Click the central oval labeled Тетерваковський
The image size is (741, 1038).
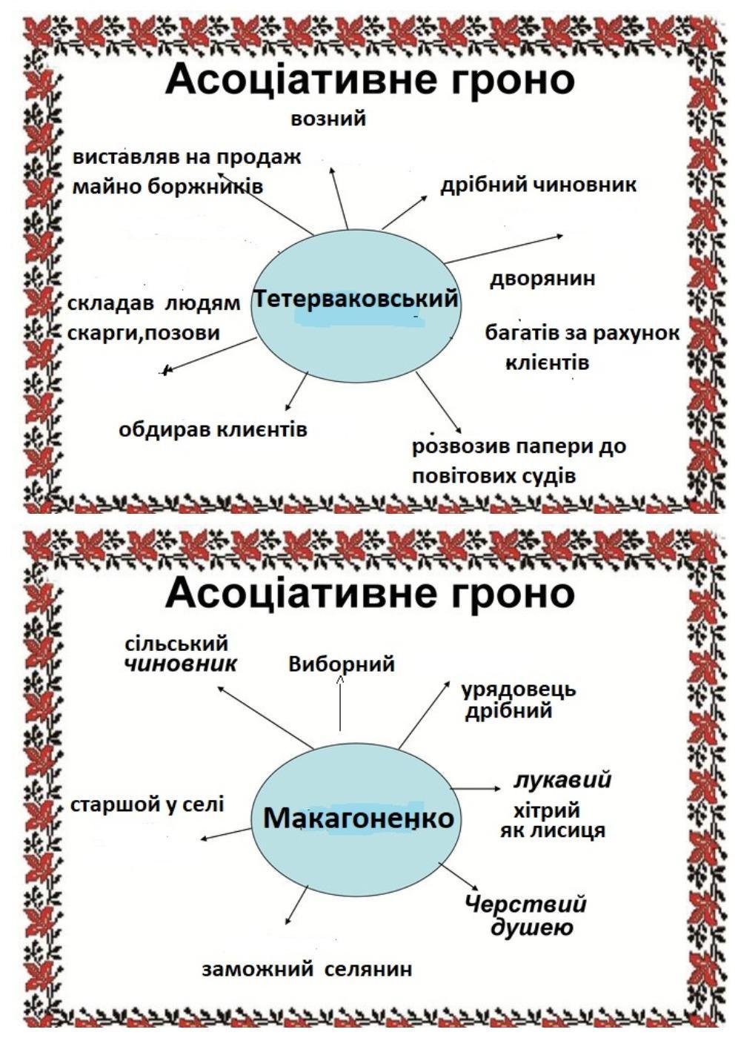coord(356,305)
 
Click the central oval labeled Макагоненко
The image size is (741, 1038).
coord(358,819)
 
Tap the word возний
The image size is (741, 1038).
coord(328,119)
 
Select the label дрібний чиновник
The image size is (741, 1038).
coord(538,185)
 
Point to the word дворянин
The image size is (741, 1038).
coord(542,279)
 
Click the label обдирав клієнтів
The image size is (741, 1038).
coord(213,429)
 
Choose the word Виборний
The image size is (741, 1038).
coord(341,664)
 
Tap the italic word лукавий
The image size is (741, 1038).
coord(562,780)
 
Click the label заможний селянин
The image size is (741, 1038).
coord(307,969)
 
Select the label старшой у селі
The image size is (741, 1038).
coord(147,804)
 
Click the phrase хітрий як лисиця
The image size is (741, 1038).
coord(552,820)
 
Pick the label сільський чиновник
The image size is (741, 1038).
coord(181,653)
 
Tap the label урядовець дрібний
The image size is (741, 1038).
coord(518,699)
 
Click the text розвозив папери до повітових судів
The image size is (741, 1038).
coord(519,461)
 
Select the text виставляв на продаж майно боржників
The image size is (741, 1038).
coord(187,171)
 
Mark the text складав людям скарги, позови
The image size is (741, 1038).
coord(153,318)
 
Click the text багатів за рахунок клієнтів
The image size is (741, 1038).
coord(582,348)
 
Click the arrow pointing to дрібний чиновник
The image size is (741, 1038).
coord(405,212)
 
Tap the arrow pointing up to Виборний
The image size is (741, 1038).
coord(340,704)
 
